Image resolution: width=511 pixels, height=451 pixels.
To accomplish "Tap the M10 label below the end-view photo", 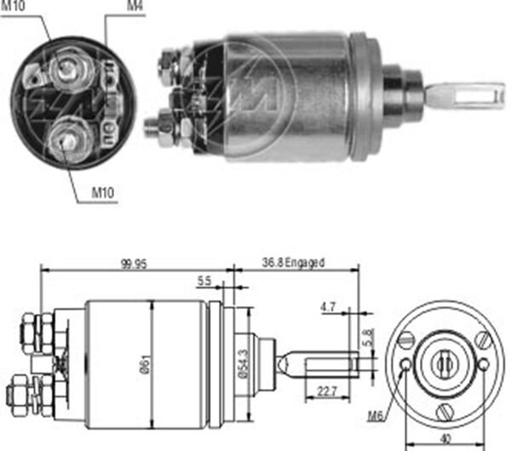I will (103, 193).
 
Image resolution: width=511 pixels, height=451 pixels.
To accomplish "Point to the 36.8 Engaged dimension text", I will (291, 264).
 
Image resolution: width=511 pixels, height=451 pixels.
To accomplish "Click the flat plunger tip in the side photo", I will (464, 94).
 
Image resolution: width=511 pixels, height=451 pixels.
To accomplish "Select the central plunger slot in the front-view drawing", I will (444, 365).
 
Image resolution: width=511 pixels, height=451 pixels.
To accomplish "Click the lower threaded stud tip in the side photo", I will (150, 128).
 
